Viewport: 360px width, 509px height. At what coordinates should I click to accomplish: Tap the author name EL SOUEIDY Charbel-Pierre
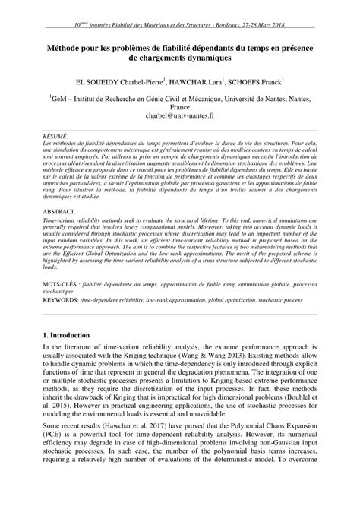pos(122,81)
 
